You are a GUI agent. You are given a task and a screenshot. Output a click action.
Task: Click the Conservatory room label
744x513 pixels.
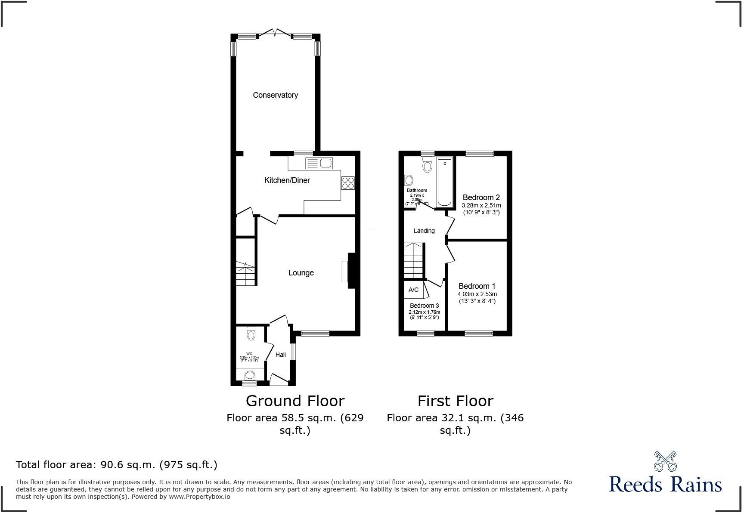pos(275,95)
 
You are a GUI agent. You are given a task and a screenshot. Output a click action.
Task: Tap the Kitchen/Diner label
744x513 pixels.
pos(287,180)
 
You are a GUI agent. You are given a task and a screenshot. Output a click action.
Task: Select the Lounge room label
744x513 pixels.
pos(301,273)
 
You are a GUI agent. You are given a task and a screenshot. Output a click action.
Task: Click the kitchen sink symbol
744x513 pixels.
pos(319,163)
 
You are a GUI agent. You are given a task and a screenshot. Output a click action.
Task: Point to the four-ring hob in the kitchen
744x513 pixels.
pos(348,183)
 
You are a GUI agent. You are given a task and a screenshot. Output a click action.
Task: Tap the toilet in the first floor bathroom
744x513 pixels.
pos(427,164)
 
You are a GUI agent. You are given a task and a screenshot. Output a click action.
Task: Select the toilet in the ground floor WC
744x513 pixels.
pos(251,334)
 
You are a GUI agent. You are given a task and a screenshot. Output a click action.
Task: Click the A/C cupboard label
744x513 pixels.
pos(413,290)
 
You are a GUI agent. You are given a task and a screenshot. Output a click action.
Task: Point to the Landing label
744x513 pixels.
pos(424,231)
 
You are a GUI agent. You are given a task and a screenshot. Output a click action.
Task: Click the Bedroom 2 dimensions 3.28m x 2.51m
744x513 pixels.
pos(481,206)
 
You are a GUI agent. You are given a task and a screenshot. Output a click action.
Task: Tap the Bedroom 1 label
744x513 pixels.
pos(477,286)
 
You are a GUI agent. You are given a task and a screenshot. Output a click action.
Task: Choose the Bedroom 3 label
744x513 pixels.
pos(424,306)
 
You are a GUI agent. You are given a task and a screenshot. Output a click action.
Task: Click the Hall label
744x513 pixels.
pos(281,355)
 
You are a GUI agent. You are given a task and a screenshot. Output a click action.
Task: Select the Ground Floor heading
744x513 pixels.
pos(295,401)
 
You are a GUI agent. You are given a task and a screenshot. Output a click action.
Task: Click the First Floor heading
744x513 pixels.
pos(455,401)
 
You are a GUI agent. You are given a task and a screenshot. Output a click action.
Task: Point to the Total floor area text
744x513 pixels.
pos(117,465)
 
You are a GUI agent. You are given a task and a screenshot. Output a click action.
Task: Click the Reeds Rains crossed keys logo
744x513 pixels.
pos(665,461)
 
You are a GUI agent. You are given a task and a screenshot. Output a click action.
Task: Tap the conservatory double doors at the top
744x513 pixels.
pos(275,33)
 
